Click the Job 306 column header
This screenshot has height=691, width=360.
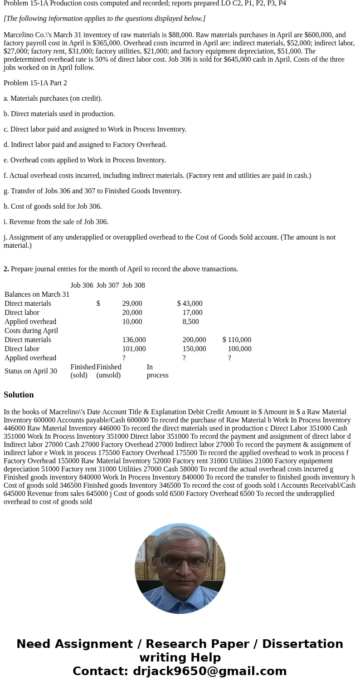point(82,285)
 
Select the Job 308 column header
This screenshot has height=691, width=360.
point(134,285)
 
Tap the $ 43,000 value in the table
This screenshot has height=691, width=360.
point(190,304)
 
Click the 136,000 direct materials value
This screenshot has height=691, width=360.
point(134,340)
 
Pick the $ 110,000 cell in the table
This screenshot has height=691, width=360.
point(237,340)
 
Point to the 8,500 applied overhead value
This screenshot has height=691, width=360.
point(190,322)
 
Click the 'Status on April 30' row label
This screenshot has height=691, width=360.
point(31,371)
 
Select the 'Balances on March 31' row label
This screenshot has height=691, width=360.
point(37,294)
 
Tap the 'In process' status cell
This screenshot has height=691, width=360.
point(157,371)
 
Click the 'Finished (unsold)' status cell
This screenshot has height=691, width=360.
point(108,371)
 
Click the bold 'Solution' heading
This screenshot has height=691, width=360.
point(19,395)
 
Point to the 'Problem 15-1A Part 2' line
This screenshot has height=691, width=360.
point(35,83)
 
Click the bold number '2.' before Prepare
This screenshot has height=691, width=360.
point(6,269)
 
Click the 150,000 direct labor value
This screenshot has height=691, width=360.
point(194,349)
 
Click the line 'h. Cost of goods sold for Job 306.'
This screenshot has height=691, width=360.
point(53,206)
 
